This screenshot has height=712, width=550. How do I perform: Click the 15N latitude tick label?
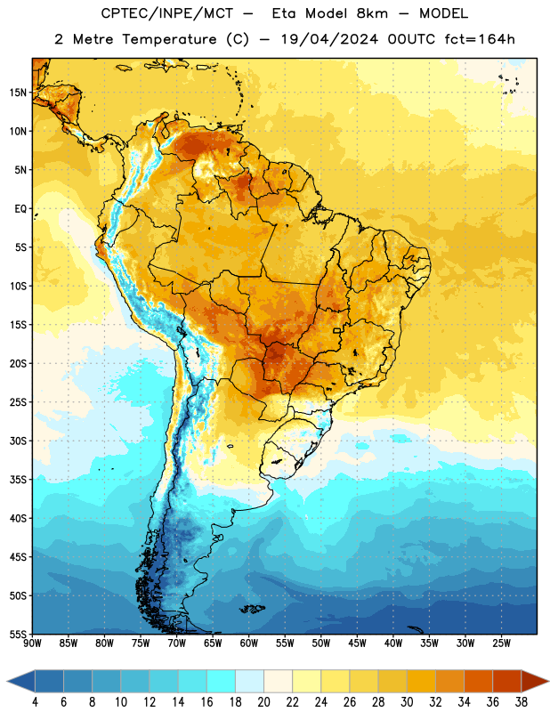pyautogui.click(x=18, y=93)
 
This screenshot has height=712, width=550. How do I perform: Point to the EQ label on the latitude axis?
pyautogui.click(x=20, y=209)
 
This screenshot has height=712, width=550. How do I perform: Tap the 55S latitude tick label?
pyautogui.click(x=18, y=634)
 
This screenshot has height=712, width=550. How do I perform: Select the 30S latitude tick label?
pyautogui.click(x=18, y=441)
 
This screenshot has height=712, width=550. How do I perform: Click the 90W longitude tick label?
pyautogui.click(x=32, y=643)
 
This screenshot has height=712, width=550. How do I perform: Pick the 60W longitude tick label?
pyautogui.click(x=249, y=643)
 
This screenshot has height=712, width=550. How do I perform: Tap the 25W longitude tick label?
pyautogui.click(x=501, y=643)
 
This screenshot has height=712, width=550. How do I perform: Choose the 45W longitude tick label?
pyautogui.click(x=357, y=643)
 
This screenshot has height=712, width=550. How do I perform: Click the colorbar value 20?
pyautogui.click(x=263, y=702)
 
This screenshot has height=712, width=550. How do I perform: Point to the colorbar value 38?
pyautogui.click(x=522, y=702)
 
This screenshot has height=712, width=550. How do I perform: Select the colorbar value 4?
pyautogui.click(x=35, y=702)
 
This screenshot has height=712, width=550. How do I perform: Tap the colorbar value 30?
pyautogui.click(x=407, y=702)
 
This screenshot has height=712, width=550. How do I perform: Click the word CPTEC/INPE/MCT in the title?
pyautogui.click(x=166, y=13)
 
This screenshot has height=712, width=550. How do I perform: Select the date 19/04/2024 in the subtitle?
pyautogui.click(x=329, y=39)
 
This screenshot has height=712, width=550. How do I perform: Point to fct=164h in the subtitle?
pyautogui.click(x=480, y=39)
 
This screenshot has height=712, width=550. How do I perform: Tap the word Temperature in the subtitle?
pyautogui.click(x=169, y=39)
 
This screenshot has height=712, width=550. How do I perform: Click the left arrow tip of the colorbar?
pyautogui.click(x=7, y=682)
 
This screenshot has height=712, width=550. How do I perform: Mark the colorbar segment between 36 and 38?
pyautogui.click(x=507, y=682)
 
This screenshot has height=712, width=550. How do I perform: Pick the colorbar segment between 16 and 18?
pyautogui.click(x=221, y=682)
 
